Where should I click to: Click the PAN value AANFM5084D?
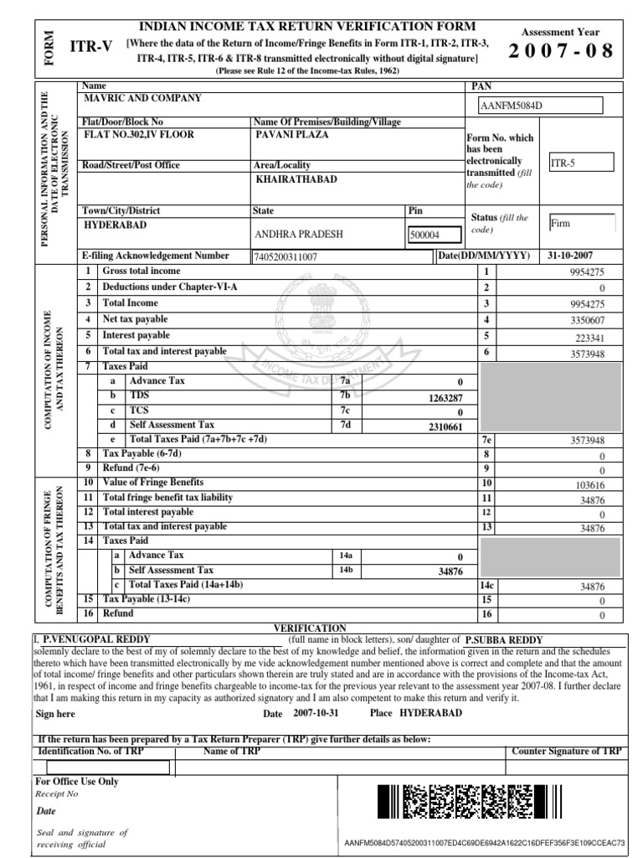pyautogui.click(x=510, y=106)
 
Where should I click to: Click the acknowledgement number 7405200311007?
pyautogui.click(x=285, y=257)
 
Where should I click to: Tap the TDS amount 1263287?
pyautogui.click(x=445, y=397)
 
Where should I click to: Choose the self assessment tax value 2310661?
pyautogui.click(x=445, y=426)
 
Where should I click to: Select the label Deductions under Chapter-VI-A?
pyautogui.click(x=170, y=287)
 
